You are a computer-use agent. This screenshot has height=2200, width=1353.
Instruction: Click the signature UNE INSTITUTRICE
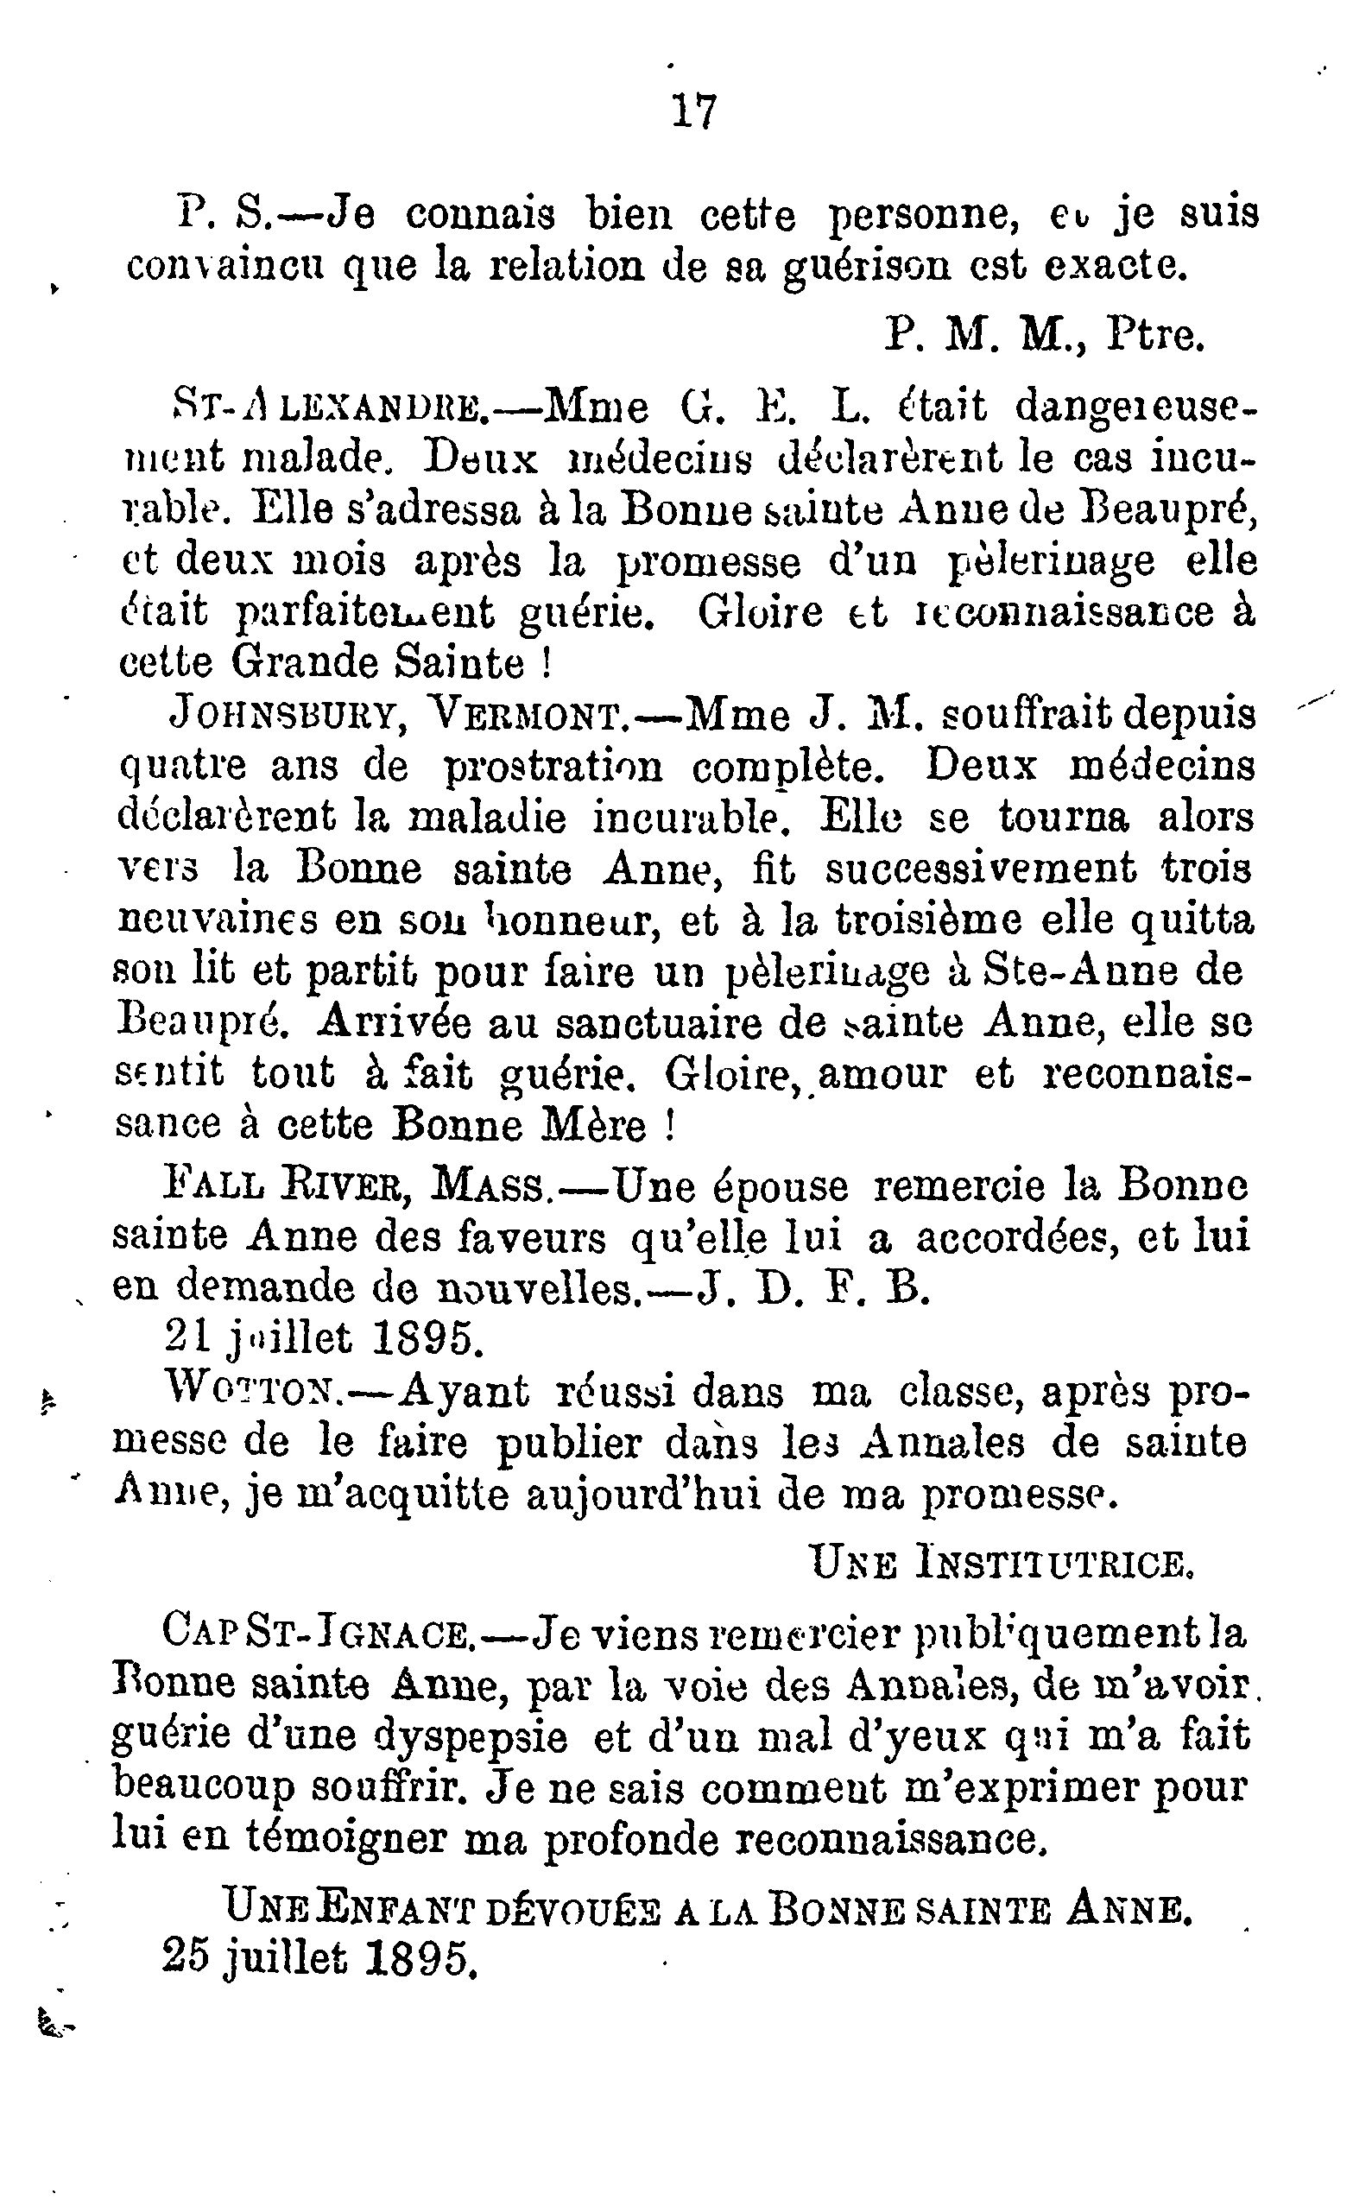(1002, 1563)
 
